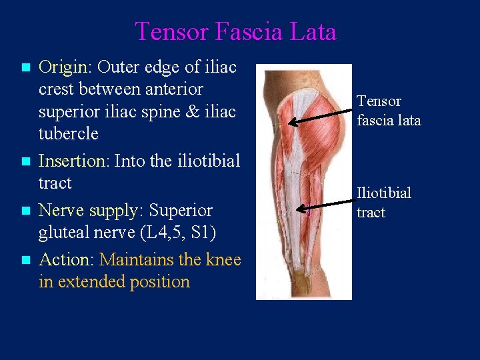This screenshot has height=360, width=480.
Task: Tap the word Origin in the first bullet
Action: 63,67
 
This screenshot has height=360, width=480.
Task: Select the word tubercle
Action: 69,133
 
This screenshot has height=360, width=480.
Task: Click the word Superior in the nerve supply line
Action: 181,210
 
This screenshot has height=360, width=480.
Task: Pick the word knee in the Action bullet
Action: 221,259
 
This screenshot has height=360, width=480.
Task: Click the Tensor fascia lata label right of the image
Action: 388,111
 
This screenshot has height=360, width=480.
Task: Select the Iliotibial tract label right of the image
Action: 383,203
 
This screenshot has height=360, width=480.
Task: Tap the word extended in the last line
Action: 91,281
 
